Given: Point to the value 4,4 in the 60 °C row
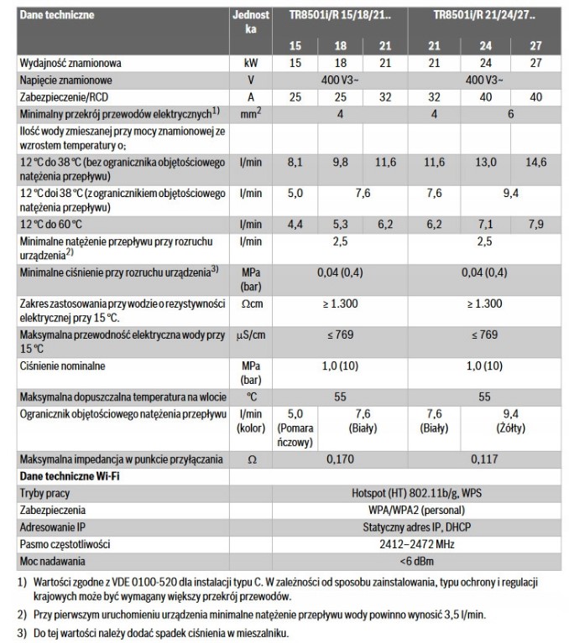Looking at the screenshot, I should [294, 224].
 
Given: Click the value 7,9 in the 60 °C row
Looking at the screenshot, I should [535, 224].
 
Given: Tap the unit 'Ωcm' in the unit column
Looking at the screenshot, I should [248, 302].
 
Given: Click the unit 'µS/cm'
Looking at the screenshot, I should [248, 335].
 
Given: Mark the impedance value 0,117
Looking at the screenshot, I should [483, 460].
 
